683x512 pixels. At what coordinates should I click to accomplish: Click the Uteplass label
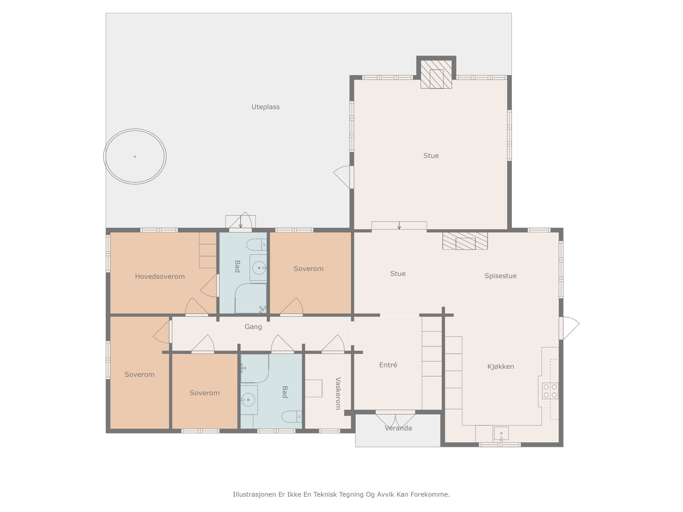(265, 107)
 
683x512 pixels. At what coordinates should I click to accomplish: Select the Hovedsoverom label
(160, 277)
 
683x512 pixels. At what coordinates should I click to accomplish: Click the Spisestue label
(500, 276)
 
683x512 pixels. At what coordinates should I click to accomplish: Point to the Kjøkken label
(501, 367)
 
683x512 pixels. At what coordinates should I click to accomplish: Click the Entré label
(388, 365)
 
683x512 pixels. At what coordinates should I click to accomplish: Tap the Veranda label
(398, 428)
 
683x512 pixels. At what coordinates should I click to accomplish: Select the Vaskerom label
(338, 393)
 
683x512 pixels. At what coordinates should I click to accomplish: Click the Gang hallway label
(253, 327)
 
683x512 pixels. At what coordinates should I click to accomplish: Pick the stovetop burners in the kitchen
(550, 391)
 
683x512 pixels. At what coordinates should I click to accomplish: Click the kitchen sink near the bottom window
(501, 433)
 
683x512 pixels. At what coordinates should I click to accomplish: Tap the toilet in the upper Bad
(256, 245)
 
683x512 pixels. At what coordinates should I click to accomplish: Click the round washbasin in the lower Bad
(248, 400)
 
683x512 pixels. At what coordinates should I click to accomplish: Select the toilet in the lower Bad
(292, 416)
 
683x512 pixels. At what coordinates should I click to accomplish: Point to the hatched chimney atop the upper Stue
(436, 74)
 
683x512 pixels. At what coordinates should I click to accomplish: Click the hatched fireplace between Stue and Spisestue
(465, 241)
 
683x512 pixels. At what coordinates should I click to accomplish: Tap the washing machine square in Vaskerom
(313, 388)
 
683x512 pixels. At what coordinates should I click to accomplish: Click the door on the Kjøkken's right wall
(568, 328)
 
